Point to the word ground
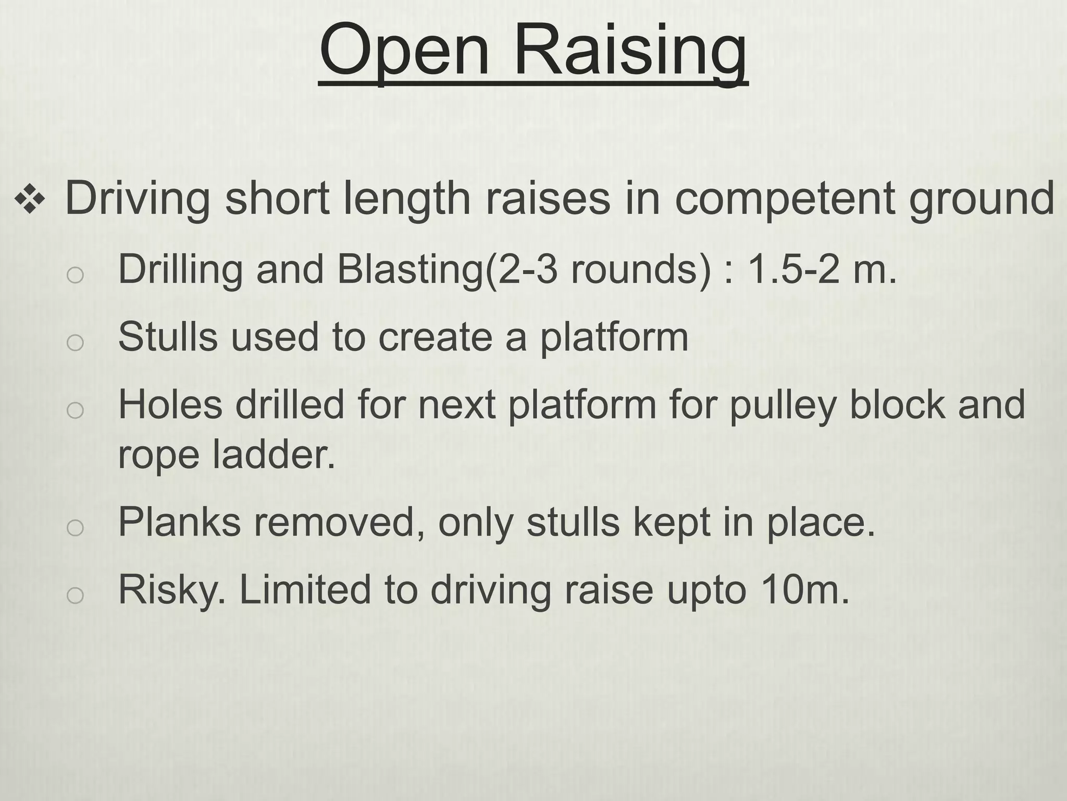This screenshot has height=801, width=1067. (982, 200)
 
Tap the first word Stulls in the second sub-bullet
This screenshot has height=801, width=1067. (167, 336)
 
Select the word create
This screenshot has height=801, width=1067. (435, 336)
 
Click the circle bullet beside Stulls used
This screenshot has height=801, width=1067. (75, 342)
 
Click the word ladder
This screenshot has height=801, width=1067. (274, 454)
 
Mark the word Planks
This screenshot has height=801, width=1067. (179, 521)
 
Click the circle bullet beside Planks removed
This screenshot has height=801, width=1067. (75, 527)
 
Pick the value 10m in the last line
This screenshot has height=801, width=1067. (805, 589)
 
